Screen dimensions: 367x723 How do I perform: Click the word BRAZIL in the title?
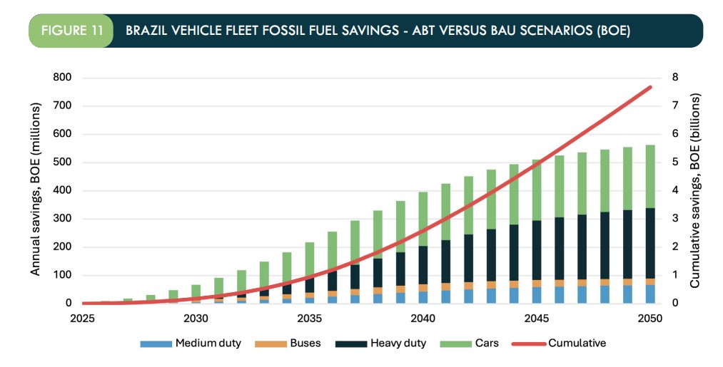click(x=147, y=31)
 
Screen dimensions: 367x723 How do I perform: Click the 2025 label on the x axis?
click(x=83, y=319)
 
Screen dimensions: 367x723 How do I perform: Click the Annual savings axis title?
click(x=35, y=189)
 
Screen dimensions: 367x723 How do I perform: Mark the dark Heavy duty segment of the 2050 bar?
click(x=650, y=242)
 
